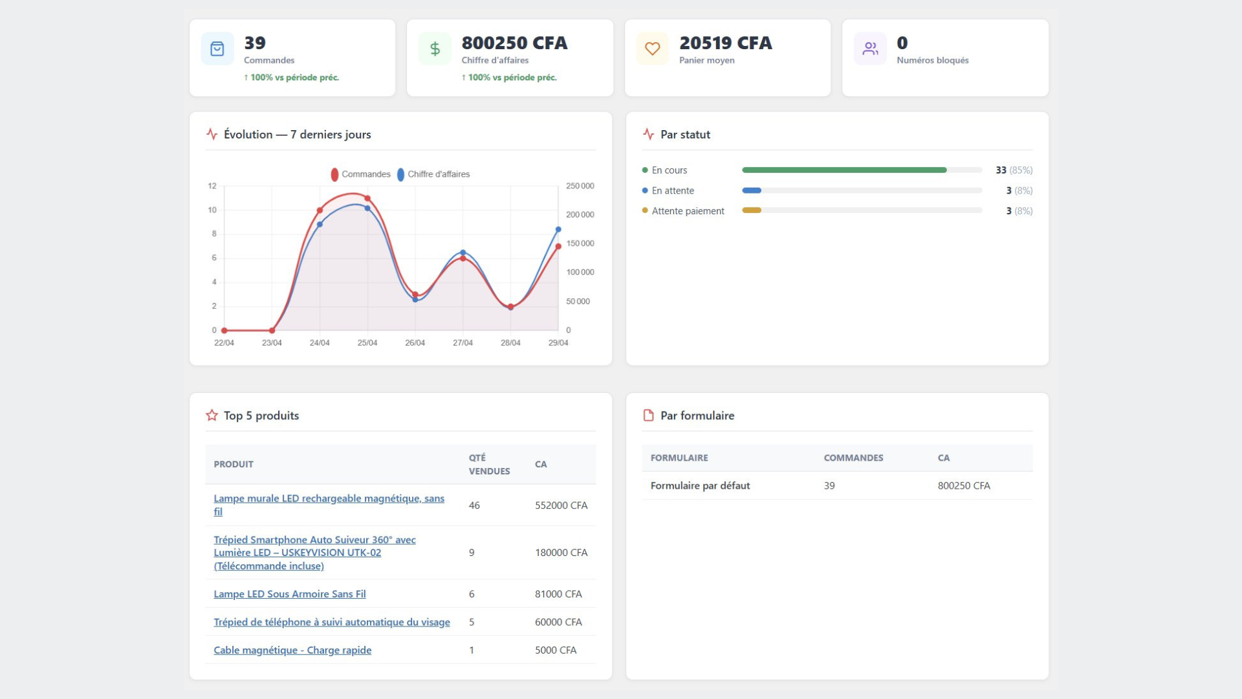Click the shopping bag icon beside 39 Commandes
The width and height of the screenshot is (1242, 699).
pyautogui.click(x=217, y=49)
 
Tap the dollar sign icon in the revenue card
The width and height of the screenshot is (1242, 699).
pyautogui.click(x=435, y=49)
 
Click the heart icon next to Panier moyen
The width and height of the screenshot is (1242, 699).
pyautogui.click(x=653, y=49)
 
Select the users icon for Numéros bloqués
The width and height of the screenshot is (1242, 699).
pyautogui.click(x=870, y=49)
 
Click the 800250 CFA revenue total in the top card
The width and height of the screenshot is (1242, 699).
pyautogui.click(x=514, y=43)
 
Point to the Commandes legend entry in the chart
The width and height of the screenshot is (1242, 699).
pyautogui.click(x=360, y=174)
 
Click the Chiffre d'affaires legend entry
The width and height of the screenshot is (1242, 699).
pyautogui.click(x=433, y=174)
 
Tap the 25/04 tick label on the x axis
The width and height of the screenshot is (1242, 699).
pyautogui.click(x=367, y=342)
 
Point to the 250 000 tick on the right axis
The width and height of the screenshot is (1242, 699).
pyautogui.click(x=580, y=186)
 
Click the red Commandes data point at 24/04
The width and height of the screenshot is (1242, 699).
pyautogui.click(x=320, y=210)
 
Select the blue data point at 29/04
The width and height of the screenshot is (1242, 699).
pyautogui.click(x=558, y=230)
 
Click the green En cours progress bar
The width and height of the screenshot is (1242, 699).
pyautogui.click(x=844, y=170)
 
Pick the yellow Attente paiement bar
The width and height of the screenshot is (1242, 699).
pyautogui.click(x=752, y=210)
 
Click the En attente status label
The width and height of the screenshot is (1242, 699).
pyautogui.click(x=673, y=190)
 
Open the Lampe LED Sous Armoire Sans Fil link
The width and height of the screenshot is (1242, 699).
pyautogui.click(x=290, y=594)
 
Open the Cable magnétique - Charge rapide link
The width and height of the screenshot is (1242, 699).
pyautogui.click(x=292, y=650)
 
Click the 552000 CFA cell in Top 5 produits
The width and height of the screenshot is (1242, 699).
pyautogui.click(x=561, y=505)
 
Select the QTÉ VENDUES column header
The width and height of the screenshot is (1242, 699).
pyautogui.click(x=489, y=464)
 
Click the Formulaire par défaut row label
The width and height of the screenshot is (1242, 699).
pyautogui.click(x=700, y=485)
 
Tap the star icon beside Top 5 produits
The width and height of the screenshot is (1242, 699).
pyautogui.click(x=212, y=416)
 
